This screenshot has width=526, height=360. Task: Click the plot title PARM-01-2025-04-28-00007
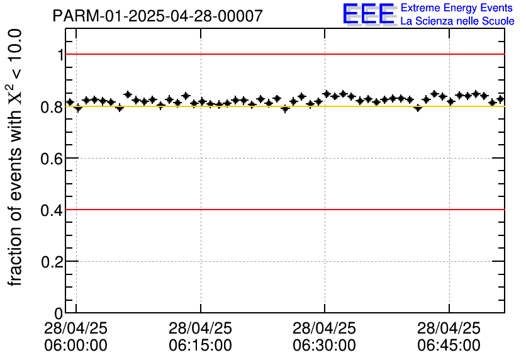157,16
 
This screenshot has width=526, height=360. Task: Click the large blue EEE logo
369,14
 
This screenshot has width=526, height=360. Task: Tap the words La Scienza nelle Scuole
457,21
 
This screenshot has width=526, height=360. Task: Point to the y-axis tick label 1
60,55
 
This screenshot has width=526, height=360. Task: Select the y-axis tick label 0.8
52,107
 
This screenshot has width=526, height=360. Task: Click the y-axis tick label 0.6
52,159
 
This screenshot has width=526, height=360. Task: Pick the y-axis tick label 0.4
52,210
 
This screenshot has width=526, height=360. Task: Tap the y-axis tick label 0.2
52,262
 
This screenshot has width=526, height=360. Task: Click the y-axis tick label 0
59,313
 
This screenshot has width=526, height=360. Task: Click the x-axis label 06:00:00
76,346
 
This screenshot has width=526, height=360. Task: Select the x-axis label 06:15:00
200,346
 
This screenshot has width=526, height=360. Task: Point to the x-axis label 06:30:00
325,346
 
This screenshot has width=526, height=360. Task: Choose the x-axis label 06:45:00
449,346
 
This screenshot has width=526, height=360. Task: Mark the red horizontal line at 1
283,54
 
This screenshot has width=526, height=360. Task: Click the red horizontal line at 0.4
283,209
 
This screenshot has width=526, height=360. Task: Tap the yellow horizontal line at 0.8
283,106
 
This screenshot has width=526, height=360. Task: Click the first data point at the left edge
70,102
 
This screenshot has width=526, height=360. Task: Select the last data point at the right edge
501,99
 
